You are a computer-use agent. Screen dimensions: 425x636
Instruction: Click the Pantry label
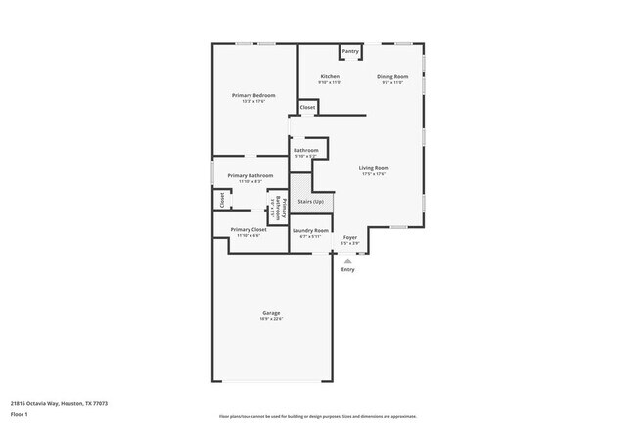pos(350,51)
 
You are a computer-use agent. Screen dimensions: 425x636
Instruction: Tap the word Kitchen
pos(331,76)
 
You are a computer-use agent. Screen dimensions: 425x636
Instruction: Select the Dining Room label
pos(393,76)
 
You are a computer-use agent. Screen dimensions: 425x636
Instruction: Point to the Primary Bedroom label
pos(253,95)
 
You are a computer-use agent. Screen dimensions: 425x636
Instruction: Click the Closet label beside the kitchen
pos(307,107)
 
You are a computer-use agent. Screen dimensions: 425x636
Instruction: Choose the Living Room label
pos(374,168)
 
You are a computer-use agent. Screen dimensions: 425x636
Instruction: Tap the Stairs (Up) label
pos(311,201)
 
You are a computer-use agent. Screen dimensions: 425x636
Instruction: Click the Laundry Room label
pos(310,230)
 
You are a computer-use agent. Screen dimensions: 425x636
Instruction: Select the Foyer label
pos(349,237)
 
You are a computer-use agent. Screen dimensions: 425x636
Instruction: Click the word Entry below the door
pos(347,270)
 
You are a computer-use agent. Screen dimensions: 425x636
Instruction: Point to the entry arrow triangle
pos(347,260)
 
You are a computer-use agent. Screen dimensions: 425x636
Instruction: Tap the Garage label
pos(271,313)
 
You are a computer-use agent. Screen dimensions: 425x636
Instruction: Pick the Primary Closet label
pos(249,229)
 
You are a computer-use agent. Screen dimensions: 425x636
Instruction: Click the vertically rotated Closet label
pos(222,200)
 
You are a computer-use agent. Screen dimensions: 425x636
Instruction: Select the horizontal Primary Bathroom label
pos(250,175)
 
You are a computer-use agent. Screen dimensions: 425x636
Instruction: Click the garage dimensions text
pos(271,319)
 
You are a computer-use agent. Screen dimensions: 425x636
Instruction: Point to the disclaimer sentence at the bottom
pos(317,415)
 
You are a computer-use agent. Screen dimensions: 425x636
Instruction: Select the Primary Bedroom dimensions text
pos(253,101)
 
